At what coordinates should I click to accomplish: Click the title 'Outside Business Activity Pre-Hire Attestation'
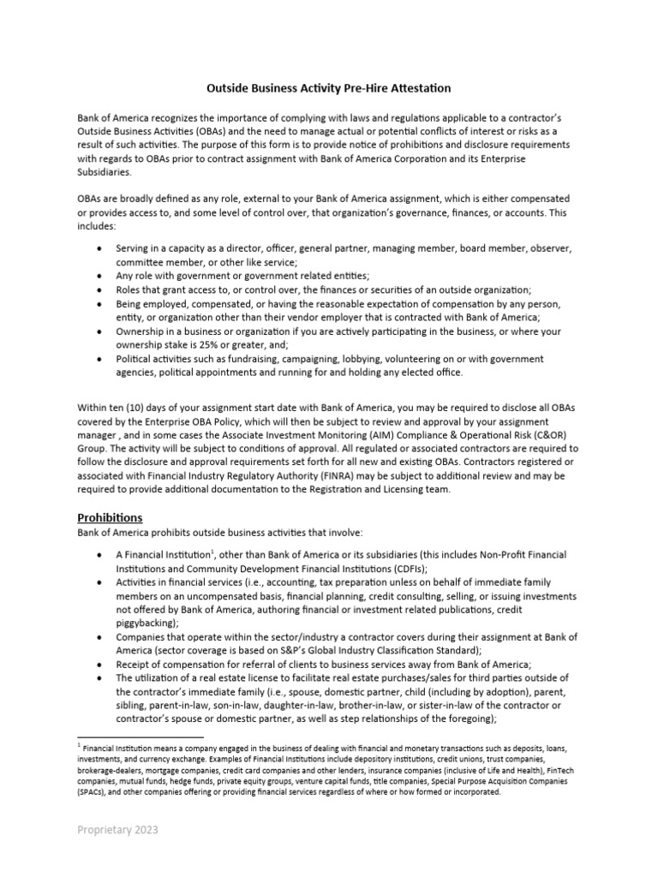click(329, 88)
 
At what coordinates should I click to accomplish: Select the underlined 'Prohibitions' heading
click(110, 518)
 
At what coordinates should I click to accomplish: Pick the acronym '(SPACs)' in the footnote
click(96, 792)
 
